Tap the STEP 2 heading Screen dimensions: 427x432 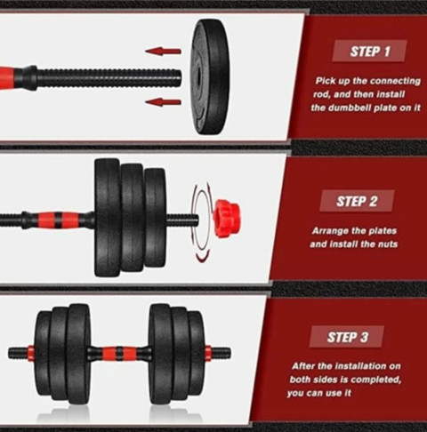coord(357,201)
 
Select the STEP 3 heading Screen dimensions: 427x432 coord(347,337)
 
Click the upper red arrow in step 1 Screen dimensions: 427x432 coord(163,51)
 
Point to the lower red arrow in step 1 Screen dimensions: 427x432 coord(163,102)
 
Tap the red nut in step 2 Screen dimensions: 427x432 coord(227,219)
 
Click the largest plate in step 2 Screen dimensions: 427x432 coord(108,218)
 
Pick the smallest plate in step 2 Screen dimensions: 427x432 coord(155,218)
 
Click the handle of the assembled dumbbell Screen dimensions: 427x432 coord(118,353)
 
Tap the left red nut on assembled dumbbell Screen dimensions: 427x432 coord(31,353)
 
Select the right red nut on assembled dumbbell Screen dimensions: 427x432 coord(208,353)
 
